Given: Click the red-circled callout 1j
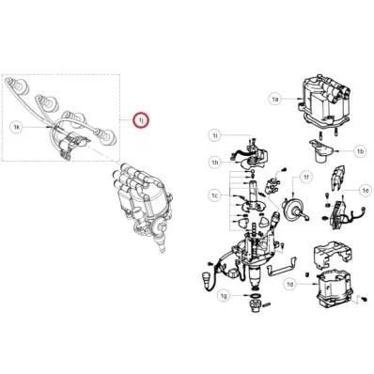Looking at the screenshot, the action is click(x=141, y=120).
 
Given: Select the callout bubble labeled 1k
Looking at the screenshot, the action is click(x=17, y=127).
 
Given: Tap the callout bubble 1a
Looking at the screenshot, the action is click(x=274, y=100).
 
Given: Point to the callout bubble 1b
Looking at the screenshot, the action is click(x=360, y=151).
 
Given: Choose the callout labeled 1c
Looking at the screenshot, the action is click(x=214, y=195).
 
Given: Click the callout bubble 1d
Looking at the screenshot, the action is click(x=290, y=284).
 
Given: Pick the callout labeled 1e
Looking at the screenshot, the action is click(x=366, y=190).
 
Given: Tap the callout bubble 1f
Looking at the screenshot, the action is click(x=306, y=178).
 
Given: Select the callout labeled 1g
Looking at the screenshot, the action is click(x=224, y=296).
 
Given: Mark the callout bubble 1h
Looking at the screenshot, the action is click(x=215, y=162).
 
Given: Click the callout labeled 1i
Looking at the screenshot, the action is click(x=215, y=135).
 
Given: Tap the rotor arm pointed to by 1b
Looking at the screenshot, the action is click(x=320, y=150).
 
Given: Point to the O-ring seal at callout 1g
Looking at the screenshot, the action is click(x=256, y=296).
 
